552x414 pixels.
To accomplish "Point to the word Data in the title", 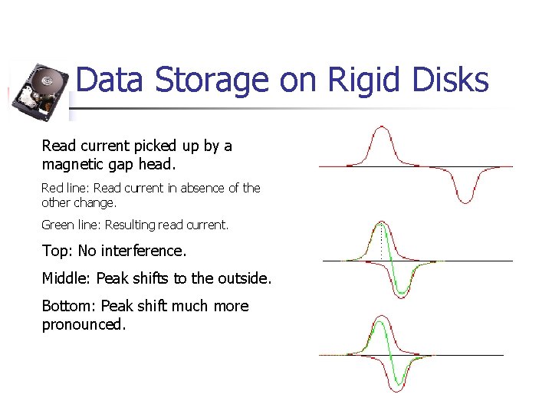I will (109, 80).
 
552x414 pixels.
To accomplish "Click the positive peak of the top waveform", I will (381, 129).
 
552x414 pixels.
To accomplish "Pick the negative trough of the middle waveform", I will (401, 294).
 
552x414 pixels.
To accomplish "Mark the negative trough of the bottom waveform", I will (399, 389).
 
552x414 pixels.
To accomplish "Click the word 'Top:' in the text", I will (58, 251).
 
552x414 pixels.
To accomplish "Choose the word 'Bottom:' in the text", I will (69, 306).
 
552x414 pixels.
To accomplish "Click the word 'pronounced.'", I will (84, 324).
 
